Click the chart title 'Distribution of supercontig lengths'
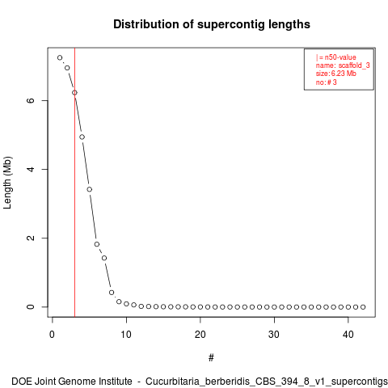pos(212,24)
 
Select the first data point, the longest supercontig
pos(60,57)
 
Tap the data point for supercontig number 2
pos(67,68)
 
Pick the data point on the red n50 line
pos(74,93)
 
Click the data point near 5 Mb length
pos(82,137)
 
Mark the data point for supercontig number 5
pos(90,189)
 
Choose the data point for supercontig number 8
pos(112,293)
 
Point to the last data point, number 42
pos(363,307)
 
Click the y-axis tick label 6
pos(31,100)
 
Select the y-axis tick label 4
pos(31,169)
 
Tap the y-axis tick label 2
pos(31,238)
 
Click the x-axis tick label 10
pos(126,335)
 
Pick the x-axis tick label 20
pos(200,335)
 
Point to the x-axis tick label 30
pos(274,335)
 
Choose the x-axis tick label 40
pos(348,335)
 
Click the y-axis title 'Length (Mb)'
pos(7,183)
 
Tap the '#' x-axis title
pos(211,358)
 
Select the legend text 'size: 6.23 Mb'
pos(336,74)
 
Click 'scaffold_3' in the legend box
pos(354,65)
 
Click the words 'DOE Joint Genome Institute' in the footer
pos(72,382)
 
